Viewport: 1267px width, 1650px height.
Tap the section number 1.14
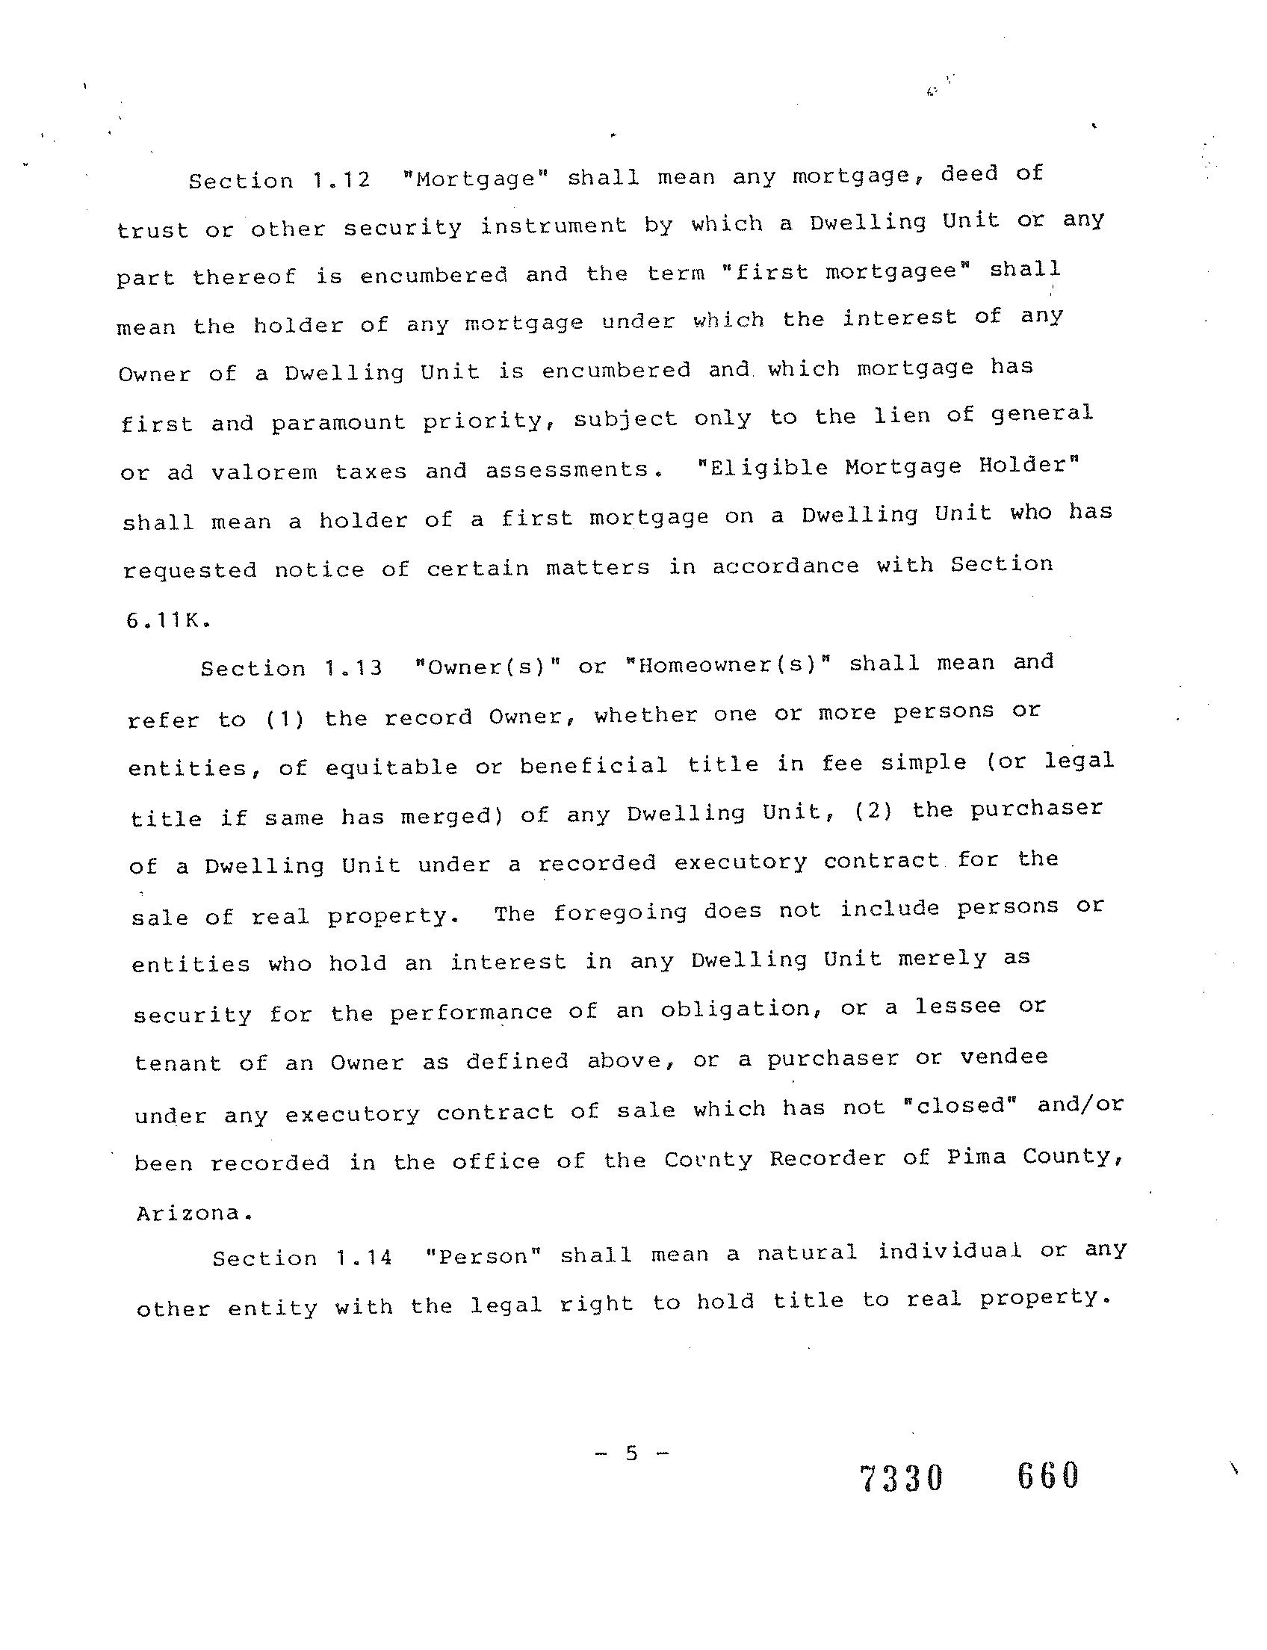click(365, 1258)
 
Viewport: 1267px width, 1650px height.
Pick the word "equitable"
click(391, 767)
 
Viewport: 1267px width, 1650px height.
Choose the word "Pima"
click(976, 1157)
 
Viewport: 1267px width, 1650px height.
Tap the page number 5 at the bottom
click(631, 1452)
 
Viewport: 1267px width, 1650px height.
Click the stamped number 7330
click(901, 1478)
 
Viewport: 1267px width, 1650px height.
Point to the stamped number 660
click(1048, 1475)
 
